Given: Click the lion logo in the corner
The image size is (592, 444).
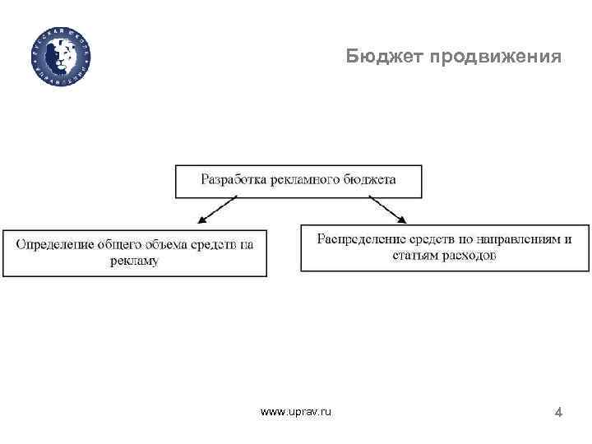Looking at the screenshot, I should point(62,53).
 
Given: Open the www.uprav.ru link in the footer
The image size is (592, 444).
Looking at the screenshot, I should point(296,410).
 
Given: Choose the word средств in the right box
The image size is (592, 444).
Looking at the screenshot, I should point(431,239).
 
